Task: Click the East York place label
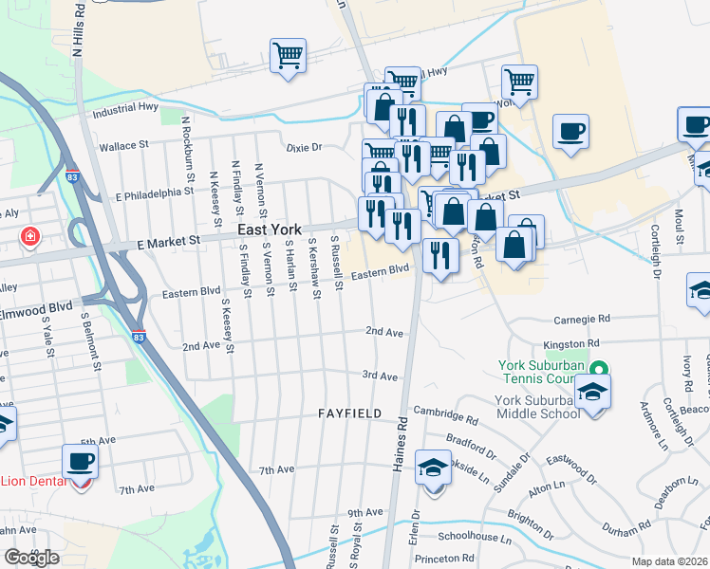(263, 229)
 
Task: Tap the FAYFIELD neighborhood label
(349, 414)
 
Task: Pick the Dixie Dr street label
(305, 147)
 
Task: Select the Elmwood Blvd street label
(37, 307)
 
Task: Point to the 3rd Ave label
(380, 376)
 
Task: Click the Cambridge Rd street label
(446, 417)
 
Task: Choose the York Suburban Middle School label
(537, 406)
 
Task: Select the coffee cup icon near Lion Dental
(80, 462)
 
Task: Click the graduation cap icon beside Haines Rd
(434, 468)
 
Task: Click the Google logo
(31, 558)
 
